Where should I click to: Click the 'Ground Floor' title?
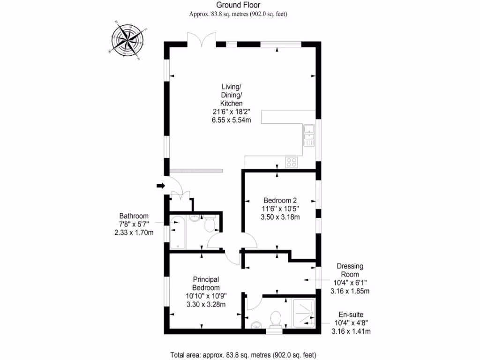238,5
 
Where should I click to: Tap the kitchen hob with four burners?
292,162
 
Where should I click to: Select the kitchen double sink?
309,135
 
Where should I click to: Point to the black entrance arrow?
161,186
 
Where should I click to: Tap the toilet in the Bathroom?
210,224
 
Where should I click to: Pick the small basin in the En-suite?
256,325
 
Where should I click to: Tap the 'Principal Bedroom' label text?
206,284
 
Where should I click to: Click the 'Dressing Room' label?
350,270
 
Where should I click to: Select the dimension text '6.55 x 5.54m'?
231,120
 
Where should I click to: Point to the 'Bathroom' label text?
134,216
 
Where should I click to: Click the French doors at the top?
202,39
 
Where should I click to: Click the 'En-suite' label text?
351,315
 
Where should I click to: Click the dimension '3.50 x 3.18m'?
280,217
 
